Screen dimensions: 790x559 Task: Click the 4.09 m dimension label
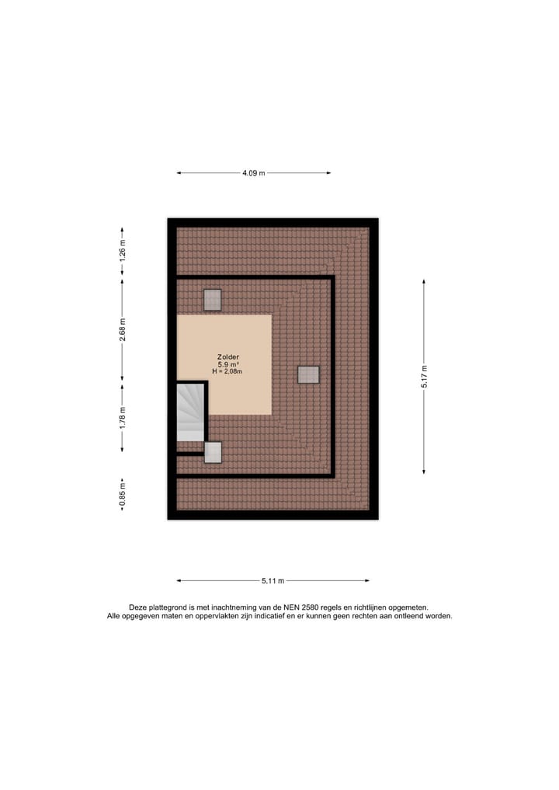(x=253, y=173)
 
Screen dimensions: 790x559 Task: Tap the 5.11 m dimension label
(x=273, y=580)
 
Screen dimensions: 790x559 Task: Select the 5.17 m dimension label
(x=424, y=377)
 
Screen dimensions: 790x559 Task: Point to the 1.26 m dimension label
(x=122, y=253)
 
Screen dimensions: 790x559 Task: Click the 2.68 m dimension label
(x=122, y=329)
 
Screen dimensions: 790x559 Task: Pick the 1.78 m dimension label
(x=122, y=417)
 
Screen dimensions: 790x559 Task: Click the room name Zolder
(x=227, y=357)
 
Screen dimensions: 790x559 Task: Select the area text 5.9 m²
(x=227, y=364)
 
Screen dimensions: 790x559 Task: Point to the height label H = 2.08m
(x=227, y=372)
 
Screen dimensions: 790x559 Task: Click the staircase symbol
(x=190, y=412)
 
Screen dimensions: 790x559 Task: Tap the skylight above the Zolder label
(x=212, y=300)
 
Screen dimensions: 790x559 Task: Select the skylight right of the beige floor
(x=308, y=374)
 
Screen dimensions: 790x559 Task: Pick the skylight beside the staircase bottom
(x=212, y=452)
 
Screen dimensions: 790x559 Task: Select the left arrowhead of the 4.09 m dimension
(x=179, y=173)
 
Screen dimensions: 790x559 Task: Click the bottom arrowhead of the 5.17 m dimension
(x=424, y=471)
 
